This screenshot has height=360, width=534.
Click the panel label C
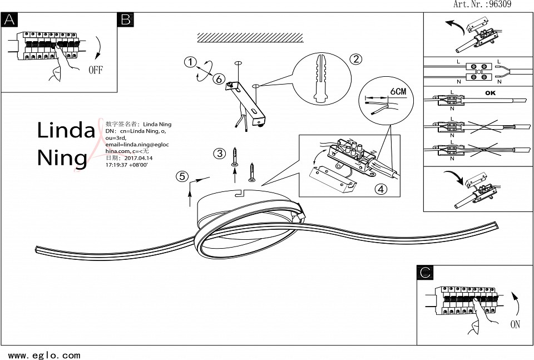(x=426, y=272)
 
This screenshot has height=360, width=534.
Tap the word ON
(x=515, y=324)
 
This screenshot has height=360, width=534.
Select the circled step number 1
(x=191, y=62)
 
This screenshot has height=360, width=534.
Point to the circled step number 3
(x=220, y=153)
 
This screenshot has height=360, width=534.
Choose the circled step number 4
(x=380, y=189)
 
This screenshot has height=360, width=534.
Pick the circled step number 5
(x=181, y=177)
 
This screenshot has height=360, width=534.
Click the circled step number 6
(x=219, y=79)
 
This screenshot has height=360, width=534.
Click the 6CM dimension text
(x=399, y=91)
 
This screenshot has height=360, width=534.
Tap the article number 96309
(x=499, y=4)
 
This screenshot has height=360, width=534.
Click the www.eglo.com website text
(x=44, y=355)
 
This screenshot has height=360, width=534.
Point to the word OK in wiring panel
(x=489, y=93)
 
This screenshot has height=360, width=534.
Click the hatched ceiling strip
(x=250, y=37)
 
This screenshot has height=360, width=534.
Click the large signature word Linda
(x=66, y=130)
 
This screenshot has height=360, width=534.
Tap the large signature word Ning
(x=62, y=157)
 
